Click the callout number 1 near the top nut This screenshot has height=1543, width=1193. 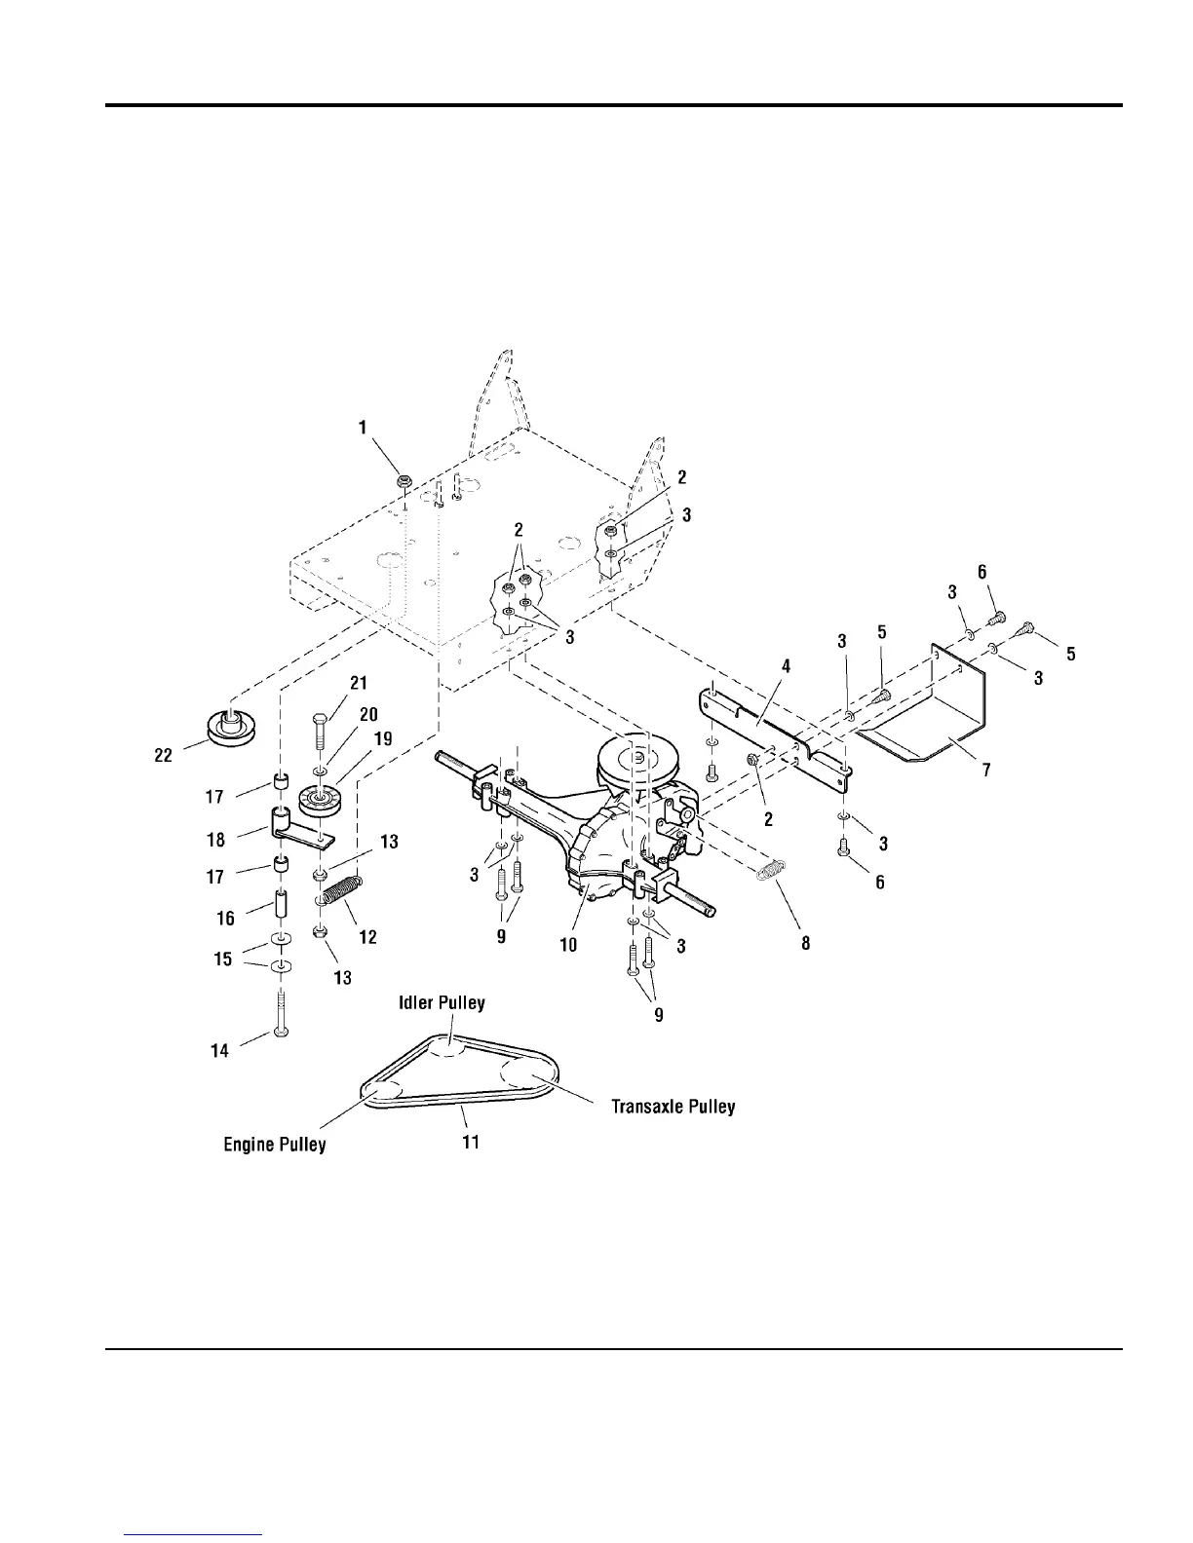(x=363, y=427)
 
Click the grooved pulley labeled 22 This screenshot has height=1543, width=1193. (x=230, y=728)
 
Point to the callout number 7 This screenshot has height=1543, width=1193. (x=986, y=771)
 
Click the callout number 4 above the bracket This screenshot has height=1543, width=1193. (x=785, y=666)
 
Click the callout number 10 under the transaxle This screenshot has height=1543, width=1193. (x=568, y=944)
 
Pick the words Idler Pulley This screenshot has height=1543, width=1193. (x=441, y=1002)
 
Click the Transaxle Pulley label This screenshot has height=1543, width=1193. (x=673, y=1107)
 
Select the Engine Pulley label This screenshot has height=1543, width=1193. (x=275, y=1144)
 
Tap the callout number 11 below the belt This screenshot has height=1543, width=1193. (x=470, y=1142)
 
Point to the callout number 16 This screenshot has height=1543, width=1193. (x=225, y=918)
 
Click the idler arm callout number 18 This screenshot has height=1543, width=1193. (x=215, y=839)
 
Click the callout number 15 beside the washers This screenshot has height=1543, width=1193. (x=223, y=959)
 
